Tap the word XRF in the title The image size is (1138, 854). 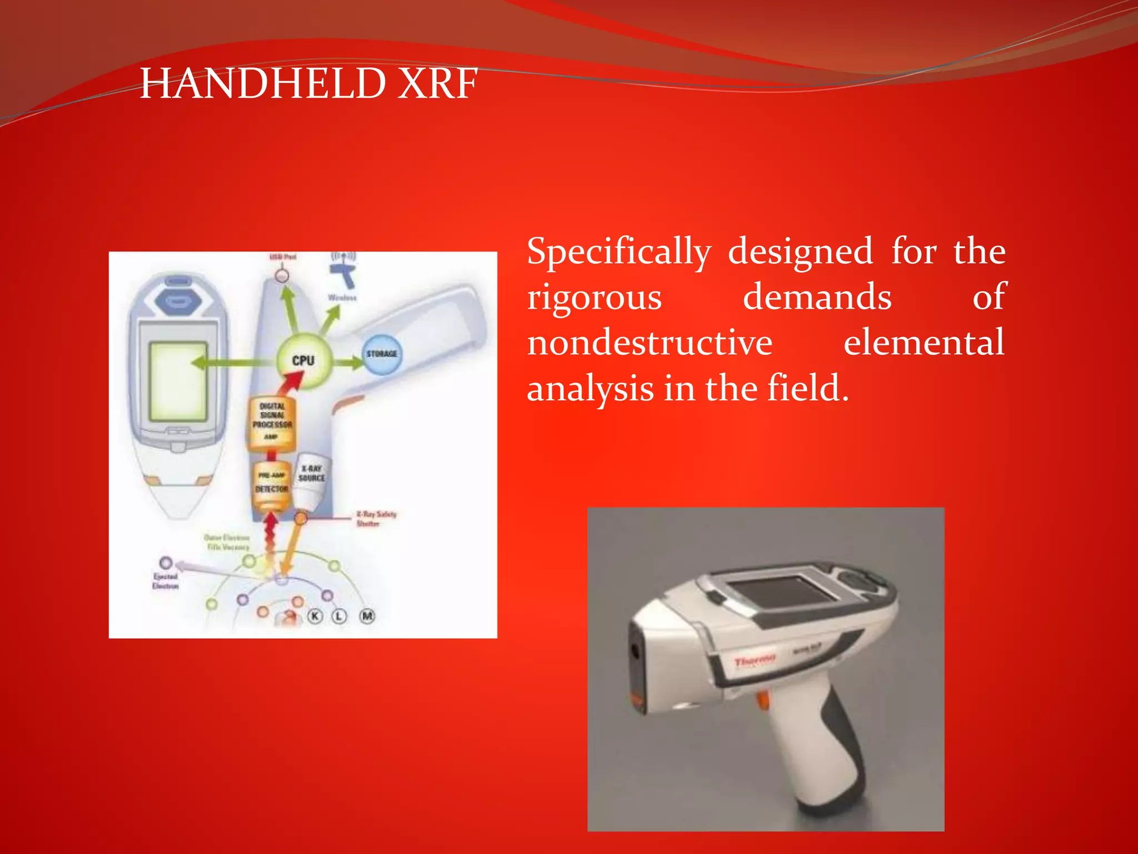pos(438,83)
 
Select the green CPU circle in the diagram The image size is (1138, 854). pos(303,360)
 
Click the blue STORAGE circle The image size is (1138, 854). pos(382,354)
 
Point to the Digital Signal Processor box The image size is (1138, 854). pos(272,421)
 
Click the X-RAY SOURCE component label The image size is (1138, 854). pos(312,474)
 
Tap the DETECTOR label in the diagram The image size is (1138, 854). pos(272,489)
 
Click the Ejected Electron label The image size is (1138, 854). pos(166,582)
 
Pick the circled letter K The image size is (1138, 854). pos(315,616)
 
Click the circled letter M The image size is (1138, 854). pos(367,616)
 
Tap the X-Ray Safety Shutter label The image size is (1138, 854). pos(376,518)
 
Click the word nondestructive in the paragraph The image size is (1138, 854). pos(650,342)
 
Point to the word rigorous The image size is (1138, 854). pos(594,297)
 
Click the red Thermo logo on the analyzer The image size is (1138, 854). pos(754,661)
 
